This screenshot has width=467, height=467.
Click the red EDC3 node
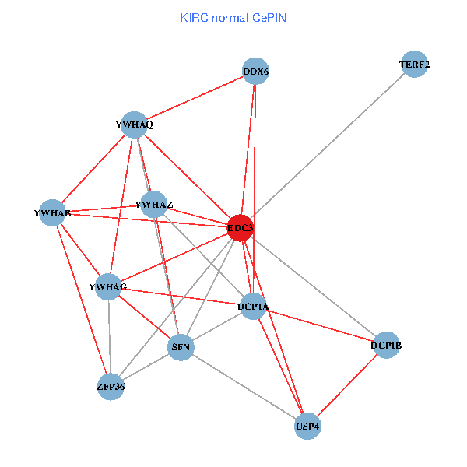point(240,228)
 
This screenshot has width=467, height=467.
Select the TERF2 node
point(415,65)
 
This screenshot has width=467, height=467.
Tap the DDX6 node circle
point(255,72)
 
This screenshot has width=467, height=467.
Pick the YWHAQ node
point(135,125)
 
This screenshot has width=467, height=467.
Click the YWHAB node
point(53,212)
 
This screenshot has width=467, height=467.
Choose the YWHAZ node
point(154,205)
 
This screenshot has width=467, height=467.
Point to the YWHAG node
point(108,287)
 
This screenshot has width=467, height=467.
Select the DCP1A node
point(254,307)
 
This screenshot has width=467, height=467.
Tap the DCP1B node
point(386,345)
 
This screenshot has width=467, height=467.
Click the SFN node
point(181,347)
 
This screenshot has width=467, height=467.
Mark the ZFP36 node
point(111,386)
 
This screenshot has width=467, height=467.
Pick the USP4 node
point(308,427)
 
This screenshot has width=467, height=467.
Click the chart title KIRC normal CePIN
point(233,17)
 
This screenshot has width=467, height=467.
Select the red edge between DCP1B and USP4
point(347,385)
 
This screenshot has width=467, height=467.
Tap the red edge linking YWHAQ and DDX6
point(195,98)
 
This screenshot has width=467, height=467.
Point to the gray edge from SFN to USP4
point(244,387)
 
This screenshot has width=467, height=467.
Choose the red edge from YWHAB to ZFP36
point(82,299)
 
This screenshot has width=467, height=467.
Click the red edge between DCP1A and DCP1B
point(320,325)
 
